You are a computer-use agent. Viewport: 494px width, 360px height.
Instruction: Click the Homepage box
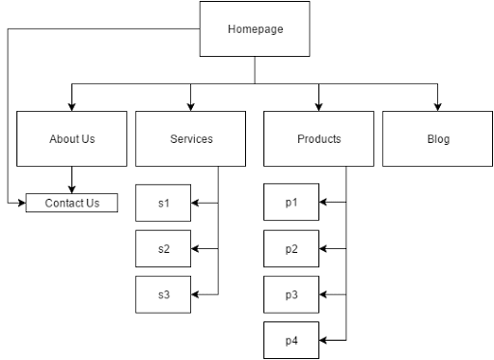(255, 28)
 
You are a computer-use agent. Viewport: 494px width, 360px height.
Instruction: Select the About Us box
(71, 139)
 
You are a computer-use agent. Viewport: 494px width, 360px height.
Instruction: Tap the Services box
(191, 139)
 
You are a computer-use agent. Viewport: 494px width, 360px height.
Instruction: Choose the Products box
(318, 139)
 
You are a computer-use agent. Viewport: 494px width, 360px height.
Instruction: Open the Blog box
(438, 139)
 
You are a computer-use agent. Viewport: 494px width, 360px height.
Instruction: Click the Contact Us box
(71, 203)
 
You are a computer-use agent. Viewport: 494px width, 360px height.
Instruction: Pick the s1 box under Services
(163, 203)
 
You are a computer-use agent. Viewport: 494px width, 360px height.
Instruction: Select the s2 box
(163, 249)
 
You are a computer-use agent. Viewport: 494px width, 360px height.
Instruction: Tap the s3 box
(163, 294)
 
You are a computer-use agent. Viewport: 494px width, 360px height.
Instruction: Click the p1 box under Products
(291, 203)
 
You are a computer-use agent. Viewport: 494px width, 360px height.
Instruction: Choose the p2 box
(291, 249)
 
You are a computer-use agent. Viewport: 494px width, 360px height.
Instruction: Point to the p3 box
(291, 294)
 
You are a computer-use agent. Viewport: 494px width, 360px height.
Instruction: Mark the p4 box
(291, 341)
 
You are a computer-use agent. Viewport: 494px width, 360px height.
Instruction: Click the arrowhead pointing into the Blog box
(438, 106)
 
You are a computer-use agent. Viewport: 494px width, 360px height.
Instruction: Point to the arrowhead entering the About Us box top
(71, 106)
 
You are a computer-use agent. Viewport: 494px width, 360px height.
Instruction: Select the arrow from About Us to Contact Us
(71, 180)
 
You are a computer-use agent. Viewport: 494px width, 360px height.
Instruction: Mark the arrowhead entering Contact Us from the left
(20, 203)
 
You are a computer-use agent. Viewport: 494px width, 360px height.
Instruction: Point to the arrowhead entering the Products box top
(318, 106)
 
